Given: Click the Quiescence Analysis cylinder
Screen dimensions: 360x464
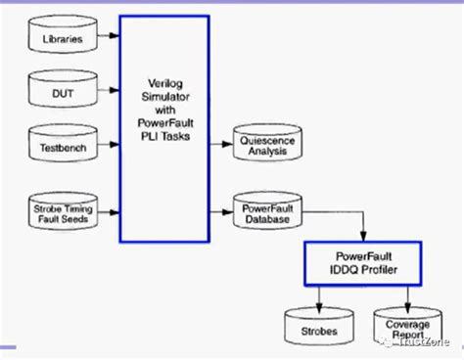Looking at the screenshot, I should tap(260, 144).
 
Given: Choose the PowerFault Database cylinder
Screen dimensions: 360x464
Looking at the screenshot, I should tap(260, 209).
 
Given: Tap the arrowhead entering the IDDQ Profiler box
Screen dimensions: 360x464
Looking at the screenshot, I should tap(365, 237).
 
